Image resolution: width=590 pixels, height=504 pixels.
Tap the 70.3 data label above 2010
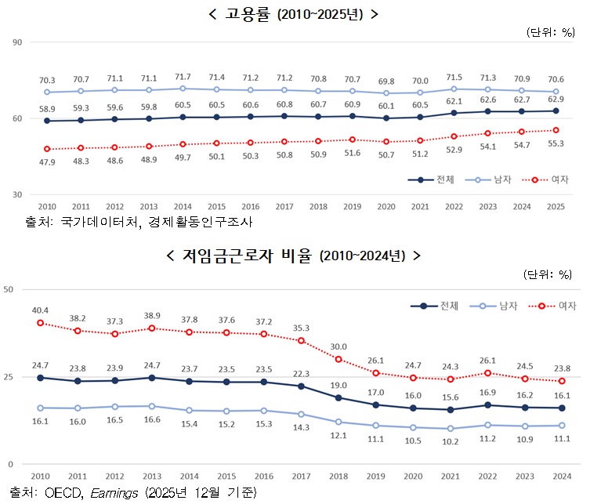48,80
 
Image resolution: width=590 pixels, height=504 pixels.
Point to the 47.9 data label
48,162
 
